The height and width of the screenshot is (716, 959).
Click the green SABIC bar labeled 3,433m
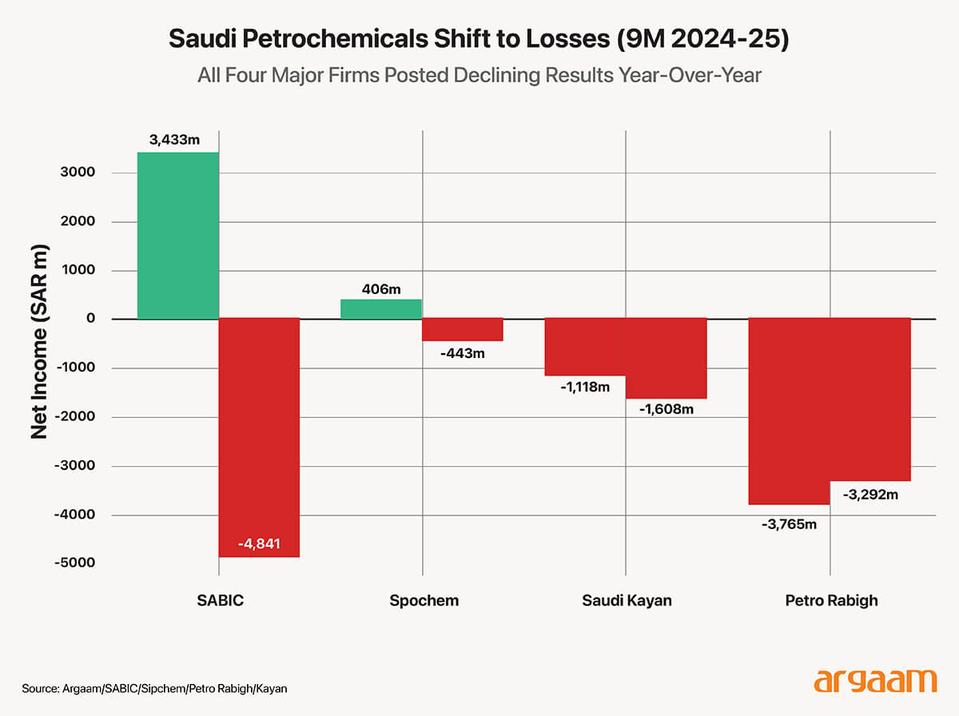[x=177, y=236]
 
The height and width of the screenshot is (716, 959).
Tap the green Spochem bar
[x=381, y=309]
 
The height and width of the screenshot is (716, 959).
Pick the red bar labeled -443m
[x=463, y=330]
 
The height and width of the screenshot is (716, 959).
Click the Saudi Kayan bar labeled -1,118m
[x=585, y=347]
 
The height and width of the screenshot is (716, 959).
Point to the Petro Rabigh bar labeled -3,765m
[x=789, y=412]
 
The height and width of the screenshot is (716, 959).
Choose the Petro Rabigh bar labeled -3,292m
[x=870, y=400]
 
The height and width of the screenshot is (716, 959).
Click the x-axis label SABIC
[x=219, y=600]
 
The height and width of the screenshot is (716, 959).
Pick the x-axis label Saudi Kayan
[x=627, y=600]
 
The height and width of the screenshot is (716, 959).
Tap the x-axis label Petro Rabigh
[x=830, y=600]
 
